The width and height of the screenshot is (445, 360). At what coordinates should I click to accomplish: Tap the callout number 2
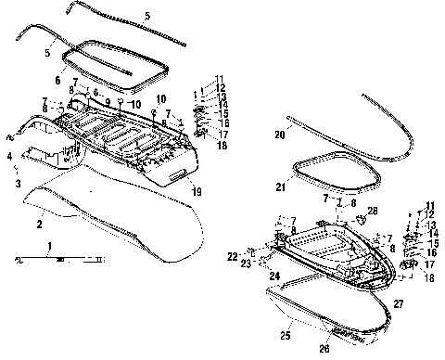39,223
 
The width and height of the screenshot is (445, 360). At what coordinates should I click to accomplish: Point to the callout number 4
10,157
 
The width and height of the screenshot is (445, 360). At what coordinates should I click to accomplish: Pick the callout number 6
57,82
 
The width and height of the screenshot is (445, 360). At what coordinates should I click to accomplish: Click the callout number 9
107,101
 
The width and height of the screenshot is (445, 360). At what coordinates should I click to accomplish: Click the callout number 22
232,256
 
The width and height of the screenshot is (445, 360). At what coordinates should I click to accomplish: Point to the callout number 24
275,276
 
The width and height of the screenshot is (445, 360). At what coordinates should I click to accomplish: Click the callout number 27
398,302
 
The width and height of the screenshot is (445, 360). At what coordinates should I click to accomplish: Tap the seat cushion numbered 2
121,223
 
